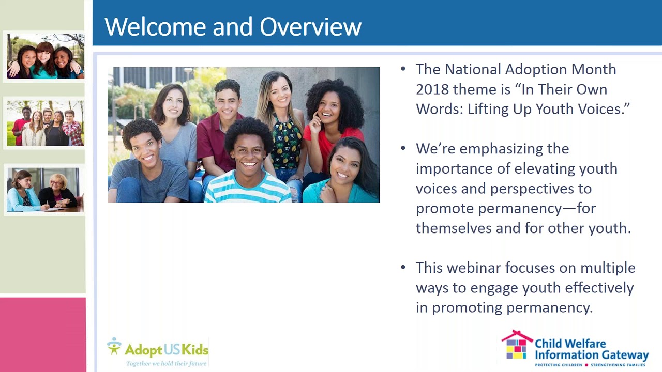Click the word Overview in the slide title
pyautogui.click(x=310, y=26)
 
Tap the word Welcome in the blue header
pyautogui.click(x=155, y=26)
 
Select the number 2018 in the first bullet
pyautogui.click(x=432, y=89)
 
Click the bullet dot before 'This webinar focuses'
pyautogui.click(x=403, y=268)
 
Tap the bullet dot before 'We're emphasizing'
pyautogui.click(x=403, y=148)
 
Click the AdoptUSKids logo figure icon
pyautogui.click(x=114, y=346)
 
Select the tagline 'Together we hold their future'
pyautogui.click(x=167, y=363)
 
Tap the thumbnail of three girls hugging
pyautogui.click(x=46, y=56)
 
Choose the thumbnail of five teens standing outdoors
pyautogui.click(x=45, y=123)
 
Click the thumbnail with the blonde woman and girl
pyautogui.click(x=45, y=190)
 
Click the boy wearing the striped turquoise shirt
pyautogui.click(x=248, y=165)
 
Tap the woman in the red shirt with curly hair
pyautogui.click(x=333, y=121)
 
